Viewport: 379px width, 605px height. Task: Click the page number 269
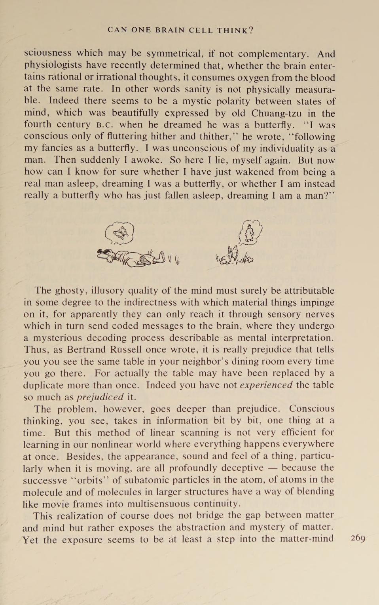point(358,538)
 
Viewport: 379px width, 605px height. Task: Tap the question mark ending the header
point(251,30)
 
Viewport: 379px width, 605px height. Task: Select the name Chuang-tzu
point(276,113)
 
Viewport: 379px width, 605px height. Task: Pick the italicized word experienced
point(266,385)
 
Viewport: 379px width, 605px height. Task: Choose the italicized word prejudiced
point(100,397)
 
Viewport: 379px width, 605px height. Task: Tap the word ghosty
point(70,291)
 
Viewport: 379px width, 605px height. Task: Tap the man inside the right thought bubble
point(249,234)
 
